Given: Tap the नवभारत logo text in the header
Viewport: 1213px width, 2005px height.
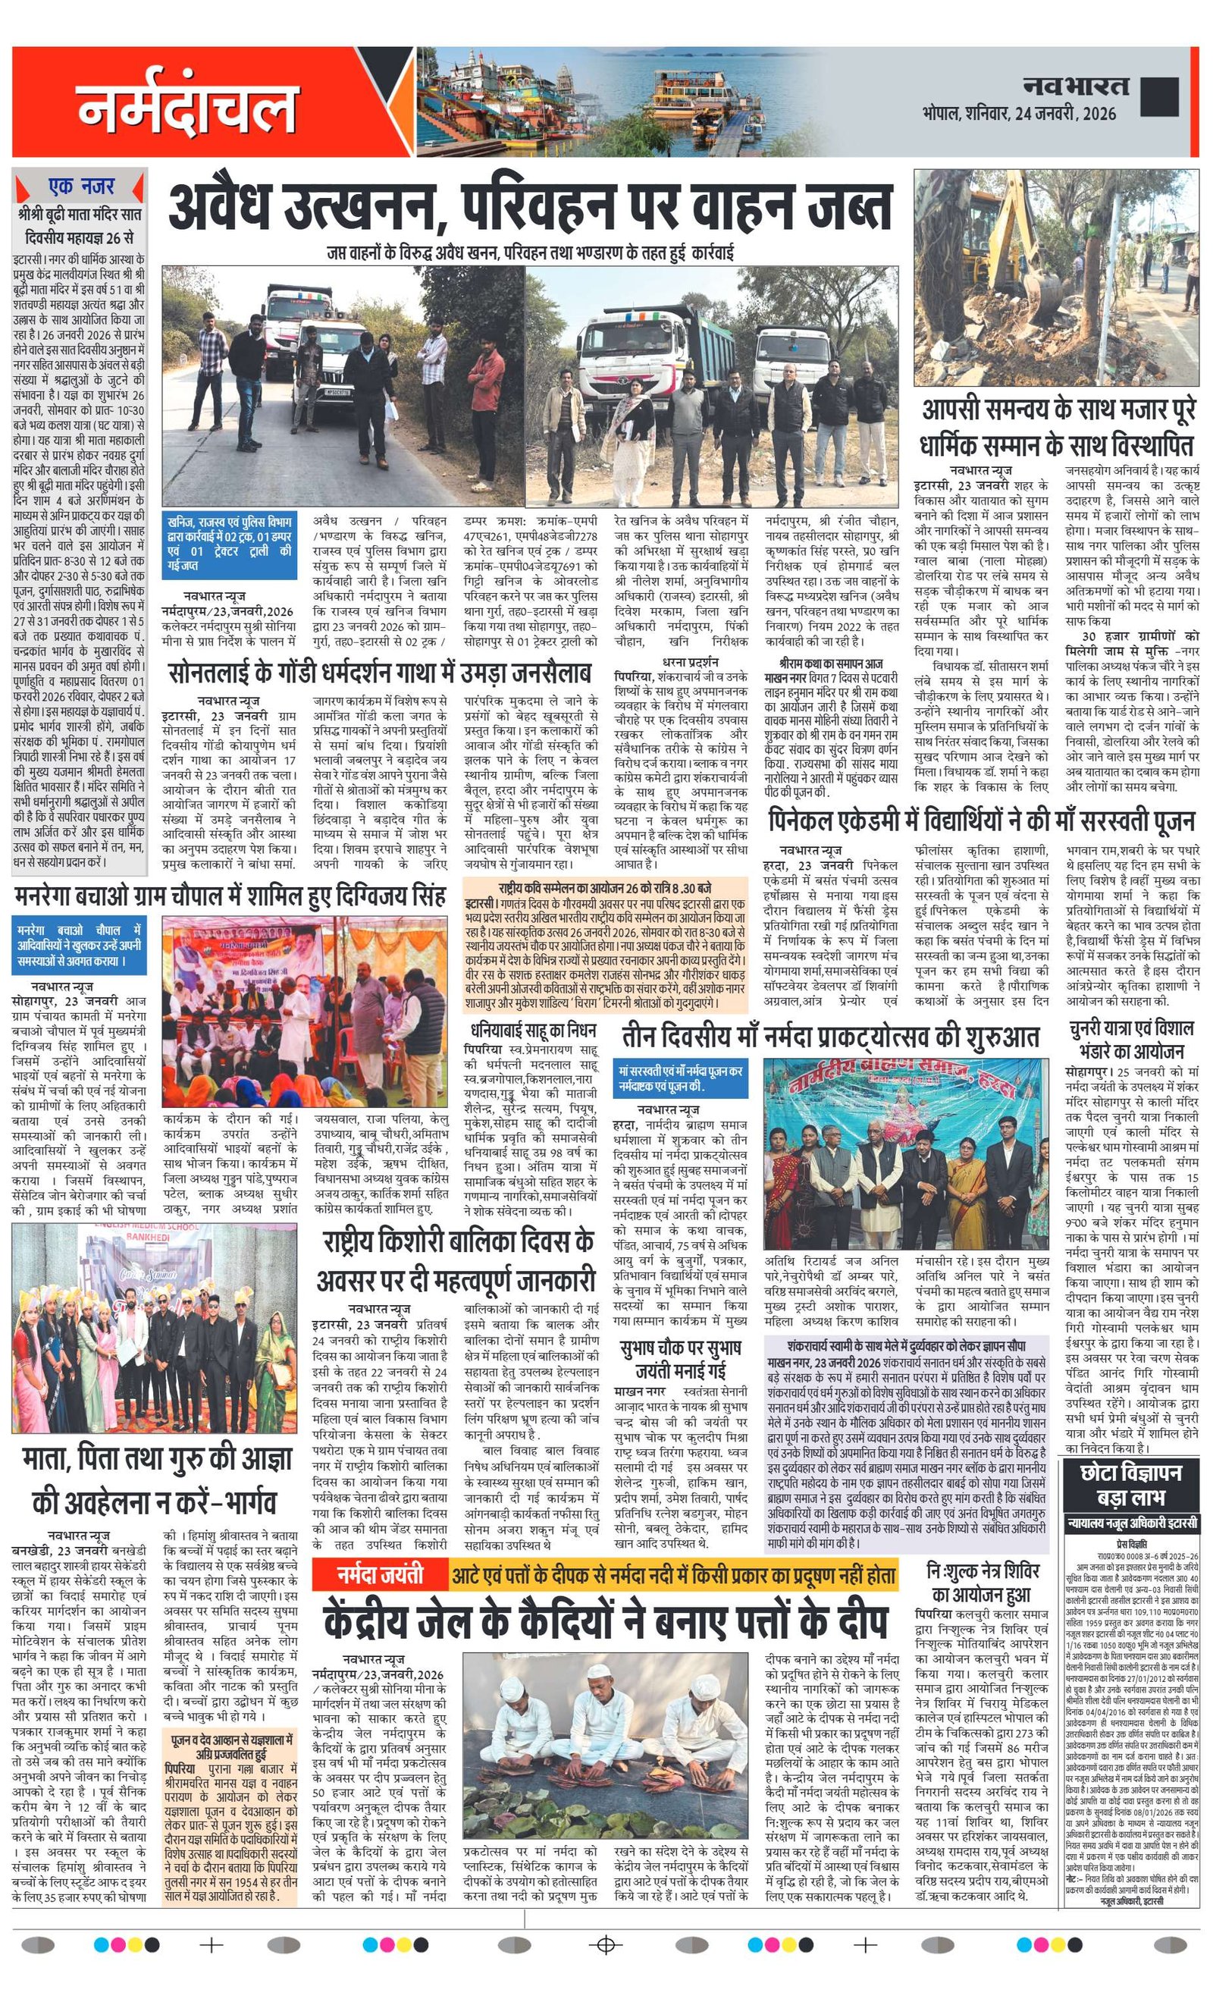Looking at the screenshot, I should (x=1076, y=86).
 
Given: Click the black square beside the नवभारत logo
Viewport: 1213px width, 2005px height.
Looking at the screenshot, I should (x=1158, y=96).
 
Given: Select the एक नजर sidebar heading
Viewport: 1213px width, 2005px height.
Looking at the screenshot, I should (x=80, y=187).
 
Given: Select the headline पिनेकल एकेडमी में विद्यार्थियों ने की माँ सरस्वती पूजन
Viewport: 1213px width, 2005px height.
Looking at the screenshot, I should (x=982, y=821).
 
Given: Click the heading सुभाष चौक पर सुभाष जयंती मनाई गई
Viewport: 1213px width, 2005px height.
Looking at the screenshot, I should (x=679, y=1357).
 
